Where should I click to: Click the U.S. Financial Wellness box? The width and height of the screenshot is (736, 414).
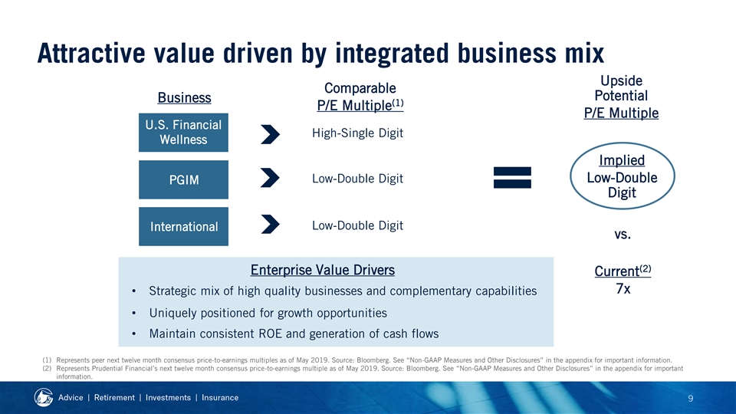pyautogui.click(x=183, y=133)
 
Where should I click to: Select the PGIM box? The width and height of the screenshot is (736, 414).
pyautogui.click(x=183, y=179)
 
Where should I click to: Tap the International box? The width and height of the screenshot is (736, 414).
pyautogui.click(x=183, y=226)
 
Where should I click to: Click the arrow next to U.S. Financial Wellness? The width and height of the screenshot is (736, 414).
pyautogui.click(x=271, y=134)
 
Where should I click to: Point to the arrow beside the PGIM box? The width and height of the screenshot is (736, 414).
pyautogui.click(x=271, y=178)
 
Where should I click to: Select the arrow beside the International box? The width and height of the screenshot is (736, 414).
pyautogui.click(x=271, y=224)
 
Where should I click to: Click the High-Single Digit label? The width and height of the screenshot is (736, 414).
pyautogui.click(x=358, y=133)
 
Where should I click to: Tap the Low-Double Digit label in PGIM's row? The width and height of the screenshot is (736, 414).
pyautogui.click(x=358, y=179)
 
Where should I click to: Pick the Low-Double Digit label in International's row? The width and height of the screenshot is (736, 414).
pyautogui.click(x=358, y=225)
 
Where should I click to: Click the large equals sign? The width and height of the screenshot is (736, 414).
pyautogui.click(x=512, y=177)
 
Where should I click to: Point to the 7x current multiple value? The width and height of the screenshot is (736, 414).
pyautogui.click(x=623, y=289)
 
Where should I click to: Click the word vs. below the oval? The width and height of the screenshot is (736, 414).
pyautogui.click(x=623, y=235)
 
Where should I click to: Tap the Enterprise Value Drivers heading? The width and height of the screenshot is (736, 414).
pyautogui.click(x=323, y=271)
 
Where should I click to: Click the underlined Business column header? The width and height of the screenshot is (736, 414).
pyautogui.click(x=185, y=97)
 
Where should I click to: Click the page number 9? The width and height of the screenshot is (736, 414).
pyautogui.click(x=691, y=399)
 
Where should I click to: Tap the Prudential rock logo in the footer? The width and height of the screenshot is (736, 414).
pyautogui.click(x=43, y=398)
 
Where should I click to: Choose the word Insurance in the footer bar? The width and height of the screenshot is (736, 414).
pyautogui.click(x=220, y=398)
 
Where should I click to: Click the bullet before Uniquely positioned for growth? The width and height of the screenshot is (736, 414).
pyautogui.click(x=133, y=313)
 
